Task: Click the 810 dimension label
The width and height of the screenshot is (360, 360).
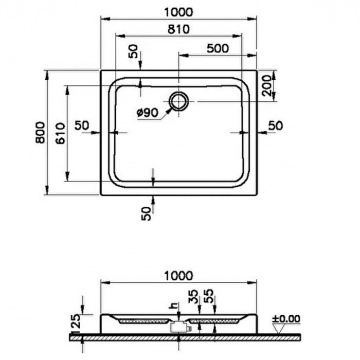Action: coord(178,29)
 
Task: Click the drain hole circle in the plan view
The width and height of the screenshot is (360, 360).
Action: coord(178,101)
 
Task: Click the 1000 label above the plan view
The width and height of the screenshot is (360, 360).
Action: coord(178,11)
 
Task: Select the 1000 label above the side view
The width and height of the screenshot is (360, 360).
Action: coord(178,276)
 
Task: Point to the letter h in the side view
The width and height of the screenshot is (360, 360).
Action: coord(175,305)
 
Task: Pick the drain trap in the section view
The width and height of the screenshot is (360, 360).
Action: coord(178,326)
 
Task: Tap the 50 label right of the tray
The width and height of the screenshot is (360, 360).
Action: coord(276,125)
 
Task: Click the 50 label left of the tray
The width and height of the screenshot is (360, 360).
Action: coord(82,125)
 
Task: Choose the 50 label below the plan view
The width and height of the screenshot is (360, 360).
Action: coord(147,212)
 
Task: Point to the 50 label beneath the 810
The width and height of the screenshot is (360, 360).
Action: coord(133,51)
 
